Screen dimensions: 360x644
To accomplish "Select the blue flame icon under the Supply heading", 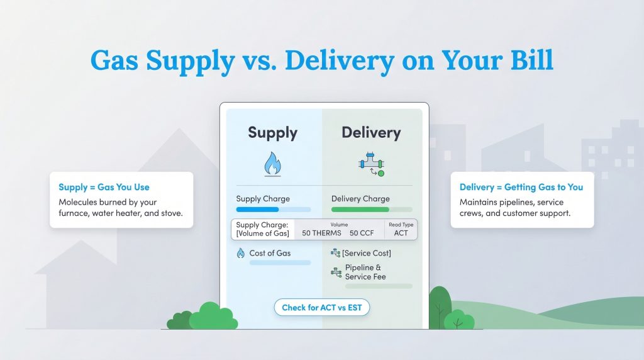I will (x=272, y=164).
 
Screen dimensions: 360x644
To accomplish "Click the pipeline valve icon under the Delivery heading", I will (x=370, y=164).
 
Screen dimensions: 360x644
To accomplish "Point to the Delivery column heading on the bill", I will (x=370, y=132).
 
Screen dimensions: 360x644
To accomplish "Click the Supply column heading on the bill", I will (x=272, y=132).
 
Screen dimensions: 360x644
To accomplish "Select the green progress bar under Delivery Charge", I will (x=360, y=209).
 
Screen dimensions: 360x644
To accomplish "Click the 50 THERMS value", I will (x=321, y=233).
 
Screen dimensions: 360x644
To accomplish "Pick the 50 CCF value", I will (x=362, y=233).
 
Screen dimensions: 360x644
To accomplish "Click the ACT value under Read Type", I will (x=401, y=233).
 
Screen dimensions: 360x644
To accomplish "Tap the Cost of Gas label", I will (x=270, y=253).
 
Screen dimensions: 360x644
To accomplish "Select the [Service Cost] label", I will (x=367, y=253).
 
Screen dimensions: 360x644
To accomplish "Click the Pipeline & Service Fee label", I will (x=365, y=272).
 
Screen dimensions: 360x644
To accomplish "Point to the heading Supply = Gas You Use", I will (x=104, y=187).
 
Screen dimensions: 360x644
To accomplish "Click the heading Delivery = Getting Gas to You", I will (x=521, y=187).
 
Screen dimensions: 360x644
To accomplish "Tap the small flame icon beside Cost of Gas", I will (x=240, y=253).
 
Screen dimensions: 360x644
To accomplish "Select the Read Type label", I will (x=401, y=223).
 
